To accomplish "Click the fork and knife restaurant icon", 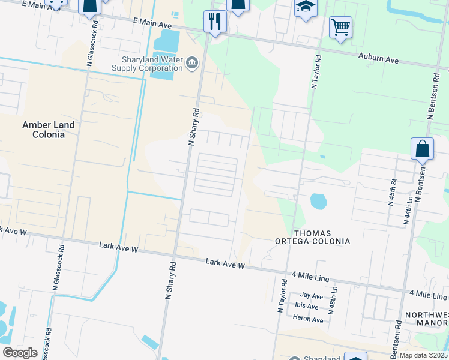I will (215, 22).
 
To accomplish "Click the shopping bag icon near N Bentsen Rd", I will (422, 149).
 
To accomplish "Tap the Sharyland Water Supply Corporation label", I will (147, 64).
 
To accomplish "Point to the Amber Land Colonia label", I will (48, 130).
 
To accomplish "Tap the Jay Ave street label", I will (312, 296).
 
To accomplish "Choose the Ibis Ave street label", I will (307, 306).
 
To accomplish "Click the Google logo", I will (20, 353).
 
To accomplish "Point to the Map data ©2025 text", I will (423, 355).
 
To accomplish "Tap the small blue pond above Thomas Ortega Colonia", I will (319, 201).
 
